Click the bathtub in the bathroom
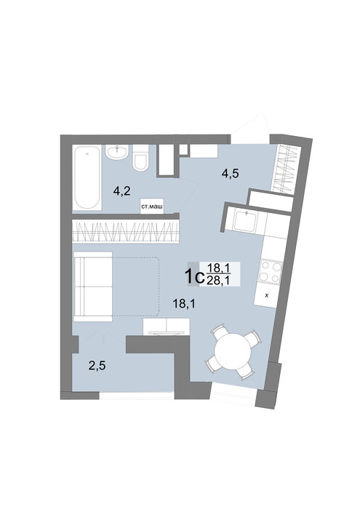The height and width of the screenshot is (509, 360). click(x=87, y=177)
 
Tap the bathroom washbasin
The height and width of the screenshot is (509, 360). click(x=117, y=152)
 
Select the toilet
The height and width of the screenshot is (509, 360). click(x=140, y=158)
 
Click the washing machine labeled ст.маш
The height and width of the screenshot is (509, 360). click(x=151, y=206)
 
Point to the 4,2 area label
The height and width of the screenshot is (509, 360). click(x=121, y=191)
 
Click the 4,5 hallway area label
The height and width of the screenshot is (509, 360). click(x=230, y=174)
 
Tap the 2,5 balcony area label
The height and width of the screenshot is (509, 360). click(x=97, y=366)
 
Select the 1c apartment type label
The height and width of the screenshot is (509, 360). click(x=194, y=276)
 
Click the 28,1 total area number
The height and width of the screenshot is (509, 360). click(x=218, y=281)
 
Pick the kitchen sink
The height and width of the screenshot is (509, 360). click(x=247, y=221)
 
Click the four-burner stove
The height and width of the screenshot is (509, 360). click(x=270, y=272)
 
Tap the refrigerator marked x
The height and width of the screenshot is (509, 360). click(x=266, y=296)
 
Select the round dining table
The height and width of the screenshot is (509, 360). click(x=233, y=351)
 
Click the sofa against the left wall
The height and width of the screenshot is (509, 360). click(x=93, y=286)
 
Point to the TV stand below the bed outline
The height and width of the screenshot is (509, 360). click(x=167, y=326)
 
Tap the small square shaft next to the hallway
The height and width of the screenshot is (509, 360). click(x=184, y=150)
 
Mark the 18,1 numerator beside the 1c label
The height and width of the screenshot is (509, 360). click(x=218, y=268)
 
